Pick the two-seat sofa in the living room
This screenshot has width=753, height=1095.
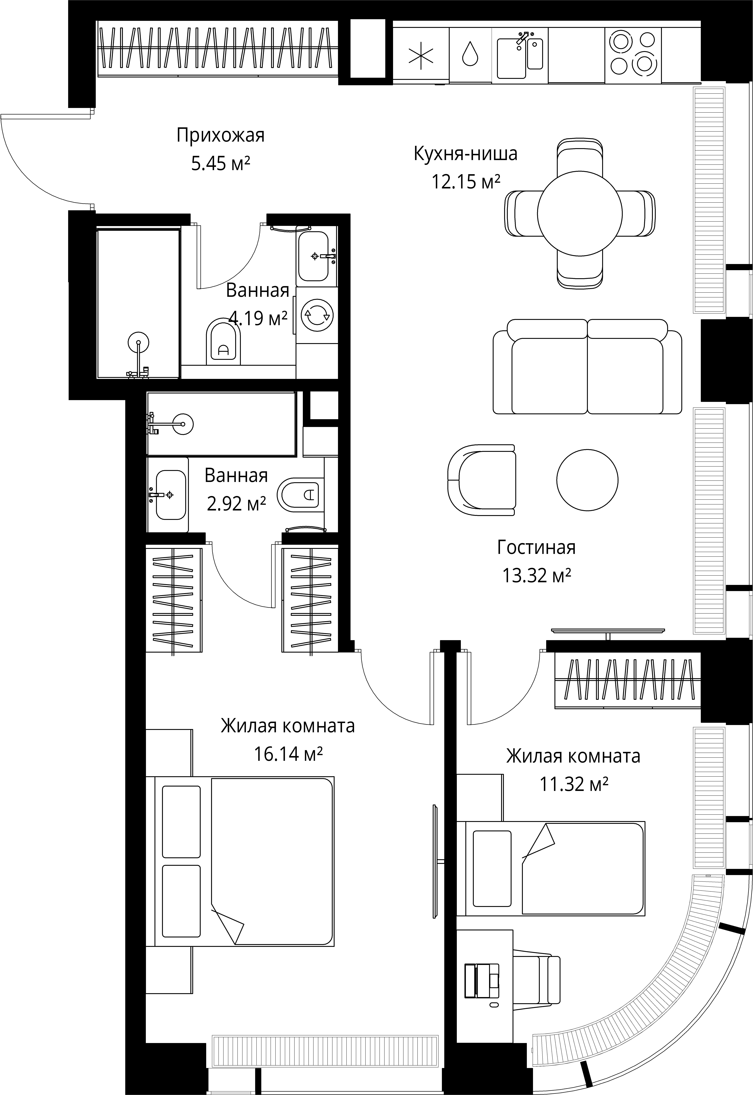587,366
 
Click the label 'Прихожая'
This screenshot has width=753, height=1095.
221,135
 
